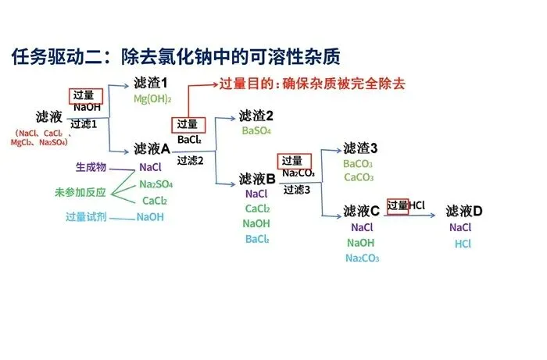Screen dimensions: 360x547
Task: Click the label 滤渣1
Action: [x=151, y=83]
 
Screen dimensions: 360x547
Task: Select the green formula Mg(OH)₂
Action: [x=152, y=99]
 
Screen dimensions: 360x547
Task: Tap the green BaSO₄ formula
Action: [x=256, y=130]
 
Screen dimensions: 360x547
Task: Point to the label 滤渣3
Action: [x=360, y=148]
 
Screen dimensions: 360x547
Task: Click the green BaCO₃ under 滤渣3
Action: [x=358, y=164]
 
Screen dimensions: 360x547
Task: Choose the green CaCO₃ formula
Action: [x=358, y=177]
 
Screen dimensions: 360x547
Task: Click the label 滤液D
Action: [x=464, y=211]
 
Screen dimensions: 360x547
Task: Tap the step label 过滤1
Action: [x=84, y=124]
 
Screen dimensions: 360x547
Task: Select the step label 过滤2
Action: [x=190, y=160]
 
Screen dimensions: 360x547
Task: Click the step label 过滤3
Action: [x=296, y=189]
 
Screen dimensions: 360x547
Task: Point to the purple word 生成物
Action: [x=91, y=167]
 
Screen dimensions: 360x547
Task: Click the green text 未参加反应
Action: [x=80, y=192]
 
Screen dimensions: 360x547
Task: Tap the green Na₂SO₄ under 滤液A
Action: [x=156, y=184]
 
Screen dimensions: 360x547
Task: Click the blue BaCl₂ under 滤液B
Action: [x=257, y=239]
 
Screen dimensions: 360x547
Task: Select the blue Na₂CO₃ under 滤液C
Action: [x=362, y=258]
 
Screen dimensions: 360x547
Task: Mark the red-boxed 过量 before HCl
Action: [x=398, y=205]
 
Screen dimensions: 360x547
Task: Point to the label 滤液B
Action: [x=257, y=178]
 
